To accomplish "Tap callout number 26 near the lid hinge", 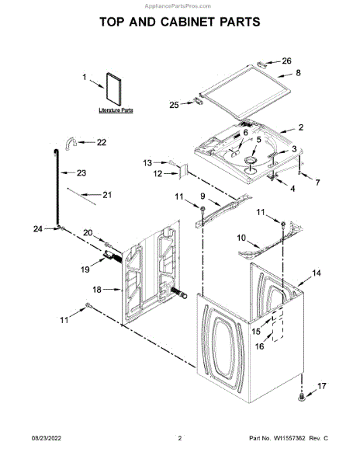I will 286,61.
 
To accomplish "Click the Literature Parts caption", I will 116,111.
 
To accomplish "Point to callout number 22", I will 101,142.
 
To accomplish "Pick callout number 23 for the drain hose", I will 81,173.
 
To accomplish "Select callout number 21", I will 107,195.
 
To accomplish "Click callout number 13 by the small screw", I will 147,162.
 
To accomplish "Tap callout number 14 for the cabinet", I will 316,273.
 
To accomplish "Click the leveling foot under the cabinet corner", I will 299,397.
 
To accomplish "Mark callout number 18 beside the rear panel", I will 96,290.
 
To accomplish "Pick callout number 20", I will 87,232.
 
